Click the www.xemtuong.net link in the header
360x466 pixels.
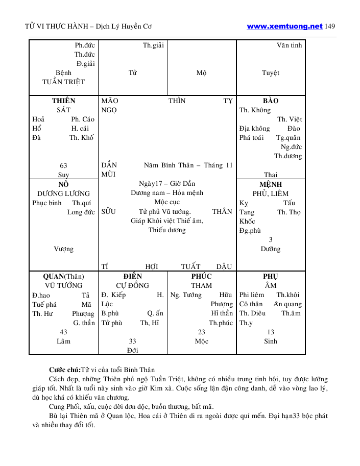(x=284, y=26)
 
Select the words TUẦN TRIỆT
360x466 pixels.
(x=64, y=82)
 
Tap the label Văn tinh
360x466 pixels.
(x=290, y=45)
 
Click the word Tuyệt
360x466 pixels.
(x=271, y=73)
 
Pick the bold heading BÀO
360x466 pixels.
(x=271, y=101)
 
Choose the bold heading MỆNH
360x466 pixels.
(x=271, y=184)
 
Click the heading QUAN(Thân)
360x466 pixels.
(x=64, y=276)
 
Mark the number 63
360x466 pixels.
(x=64, y=165)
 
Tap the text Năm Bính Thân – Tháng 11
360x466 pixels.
(x=188, y=165)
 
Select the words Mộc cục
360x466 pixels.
(x=167, y=202)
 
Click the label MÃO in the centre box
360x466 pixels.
(x=110, y=101)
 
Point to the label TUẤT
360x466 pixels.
(x=190, y=266)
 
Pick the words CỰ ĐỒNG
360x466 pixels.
(x=133, y=285)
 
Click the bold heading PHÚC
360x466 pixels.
(x=201, y=276)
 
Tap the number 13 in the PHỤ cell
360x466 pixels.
(x=271, y=332)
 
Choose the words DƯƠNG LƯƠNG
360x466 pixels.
(x=64, y=193)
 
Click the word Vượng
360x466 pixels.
(x=64, y=249)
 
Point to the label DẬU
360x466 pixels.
(x=224, y=266)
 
